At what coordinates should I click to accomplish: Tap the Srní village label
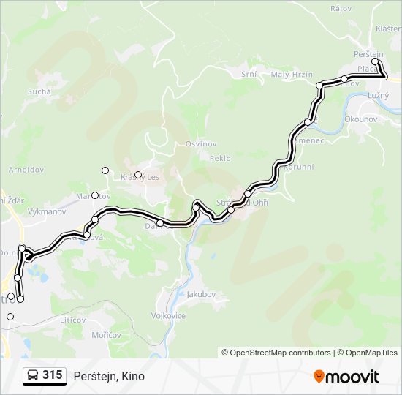pyautogui.click(x=249, y=74)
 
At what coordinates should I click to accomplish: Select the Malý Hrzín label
pyautogui.click(x=292, y=75)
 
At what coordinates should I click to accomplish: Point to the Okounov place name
pyautogui.click(x=360, y=117)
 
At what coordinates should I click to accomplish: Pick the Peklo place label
pyautogui.click(x=219, y=158)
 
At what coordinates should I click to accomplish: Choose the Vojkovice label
pyautogui.click(x=168, y=316)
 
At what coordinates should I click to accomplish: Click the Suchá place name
pyautogui.click(x=39, y=91)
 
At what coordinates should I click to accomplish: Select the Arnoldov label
pyautogui.click(x=26, y=169)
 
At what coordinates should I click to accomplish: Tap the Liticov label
pyautogui.click(x=73, y=320)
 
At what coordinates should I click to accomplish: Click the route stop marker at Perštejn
pyautogui.click(x=375, y=62)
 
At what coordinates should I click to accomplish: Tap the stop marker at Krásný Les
pyautogui.click(x=137, y=175)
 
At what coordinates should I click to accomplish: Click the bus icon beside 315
pyautogui.click(x=32, y=376)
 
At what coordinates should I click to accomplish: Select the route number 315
pyautogui.click(x=53, y=375)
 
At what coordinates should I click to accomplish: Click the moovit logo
pyautogui.click(x=346, y=376)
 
